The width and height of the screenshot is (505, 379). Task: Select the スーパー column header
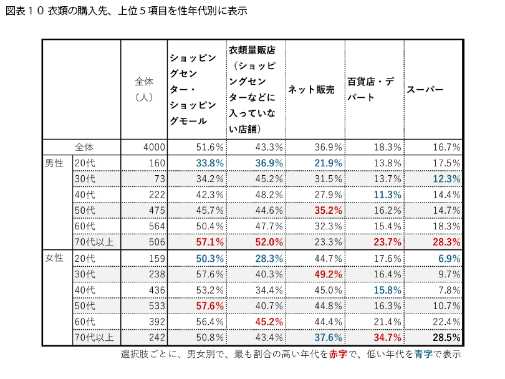pyautogui.click(x=425, y=89)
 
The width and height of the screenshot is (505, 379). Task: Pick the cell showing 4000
pyautogui.click(x=153, y=147)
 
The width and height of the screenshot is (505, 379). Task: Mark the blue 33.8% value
pyautogui.click(x=209, y=163)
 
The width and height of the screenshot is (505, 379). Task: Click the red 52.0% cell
pyautogui.click(x=269, y=242)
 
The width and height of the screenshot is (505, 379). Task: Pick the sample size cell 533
pyautogui.click(x=156, y=305)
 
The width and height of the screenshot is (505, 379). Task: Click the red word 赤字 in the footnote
pyautogui.click(x=339, y=354)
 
